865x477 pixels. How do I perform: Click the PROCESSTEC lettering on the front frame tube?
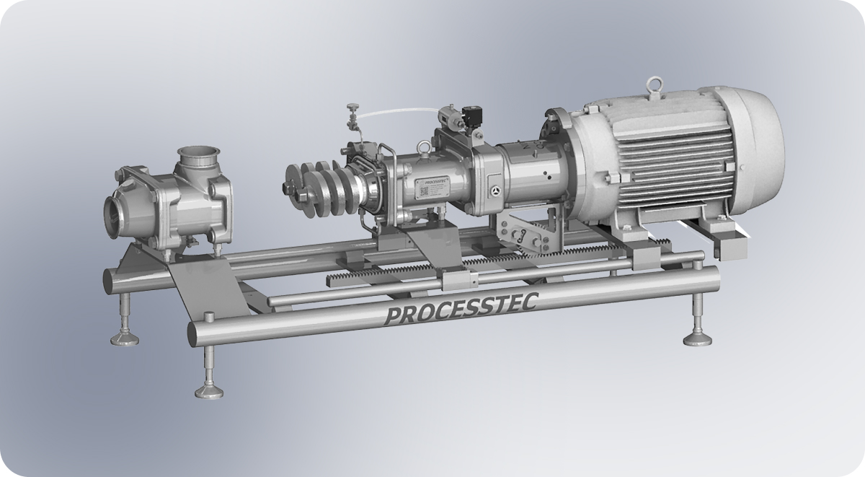461,308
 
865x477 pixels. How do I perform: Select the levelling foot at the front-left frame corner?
209,390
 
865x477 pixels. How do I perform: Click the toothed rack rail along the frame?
404,271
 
